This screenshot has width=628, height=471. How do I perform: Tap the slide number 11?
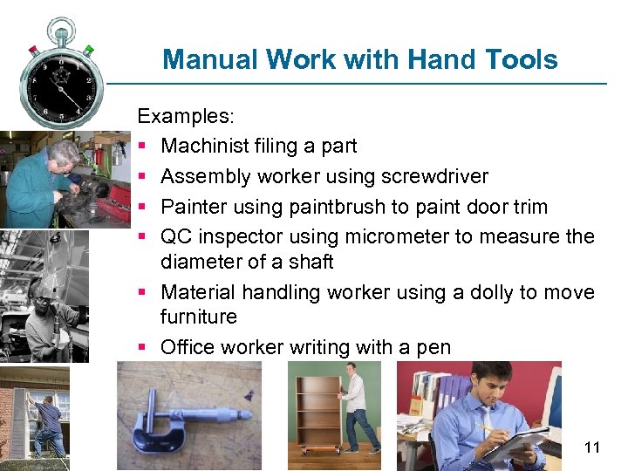point(592,448)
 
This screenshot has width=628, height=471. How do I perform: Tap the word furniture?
point(199,316)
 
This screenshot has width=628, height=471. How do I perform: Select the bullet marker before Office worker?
point(143,348)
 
